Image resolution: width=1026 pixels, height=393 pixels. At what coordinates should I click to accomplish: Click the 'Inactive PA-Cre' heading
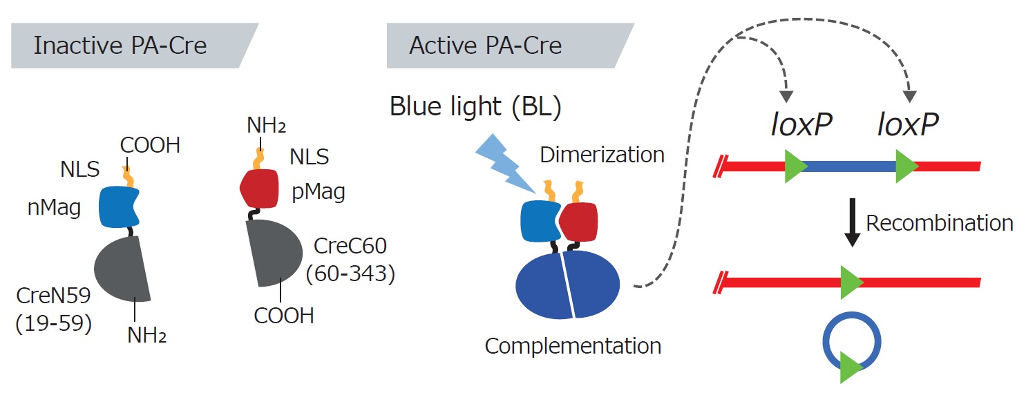click(x=120, y=46)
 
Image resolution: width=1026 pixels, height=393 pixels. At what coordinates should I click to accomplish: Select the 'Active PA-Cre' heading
click(x=486, y=46)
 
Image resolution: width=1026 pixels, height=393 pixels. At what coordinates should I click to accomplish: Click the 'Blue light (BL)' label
click(x=475, y=107)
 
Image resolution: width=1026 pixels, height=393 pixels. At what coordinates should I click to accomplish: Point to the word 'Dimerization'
click(x=602, y=155)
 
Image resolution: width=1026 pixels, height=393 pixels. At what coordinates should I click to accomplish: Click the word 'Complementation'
click(x=573, y=346)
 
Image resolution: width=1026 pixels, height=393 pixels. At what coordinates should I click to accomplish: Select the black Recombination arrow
click(x=852, y=222)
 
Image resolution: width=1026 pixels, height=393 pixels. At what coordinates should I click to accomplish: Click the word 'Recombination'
click(x=940, y=223)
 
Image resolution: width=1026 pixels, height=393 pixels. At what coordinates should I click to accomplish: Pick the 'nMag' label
click(x=54, y=207)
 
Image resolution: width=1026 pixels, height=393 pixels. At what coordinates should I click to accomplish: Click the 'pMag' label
click(x=319, y=191)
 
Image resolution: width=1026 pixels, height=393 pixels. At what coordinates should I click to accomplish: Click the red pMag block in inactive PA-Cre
click(x=260, y=189)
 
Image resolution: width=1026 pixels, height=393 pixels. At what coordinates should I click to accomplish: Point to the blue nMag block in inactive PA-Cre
click(x=118, y=207)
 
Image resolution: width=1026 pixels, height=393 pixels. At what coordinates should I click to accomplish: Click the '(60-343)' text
click(x=350, y=274)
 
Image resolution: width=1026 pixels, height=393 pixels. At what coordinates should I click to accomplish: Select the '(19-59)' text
click(x=54, y=324)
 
